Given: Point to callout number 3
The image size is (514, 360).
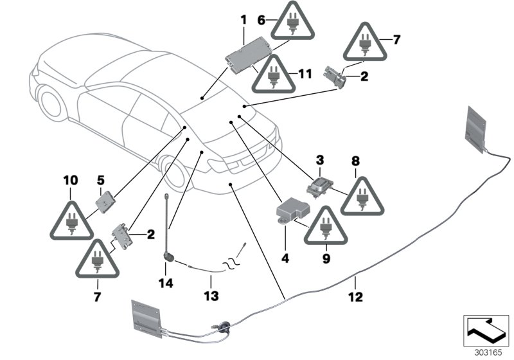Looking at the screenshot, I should point(319,158).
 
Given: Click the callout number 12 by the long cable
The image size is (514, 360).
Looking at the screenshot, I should point(355,297).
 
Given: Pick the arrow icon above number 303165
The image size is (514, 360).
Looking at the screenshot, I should point(483,328).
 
